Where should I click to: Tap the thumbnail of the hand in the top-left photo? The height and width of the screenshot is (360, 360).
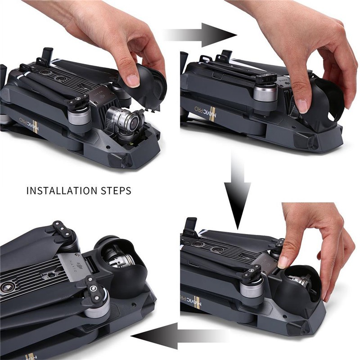(x=132, y=80)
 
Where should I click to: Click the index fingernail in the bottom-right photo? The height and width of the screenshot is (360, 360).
(x=283, y=262)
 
